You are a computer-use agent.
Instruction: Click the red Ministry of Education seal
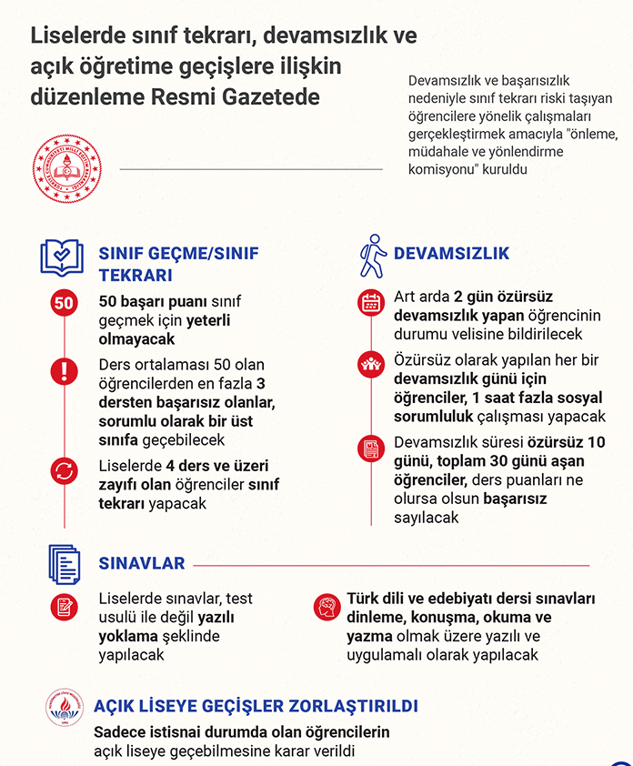coord(66,168)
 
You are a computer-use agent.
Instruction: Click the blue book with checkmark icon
coord(62,257)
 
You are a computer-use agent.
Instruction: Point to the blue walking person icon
coord(372,256)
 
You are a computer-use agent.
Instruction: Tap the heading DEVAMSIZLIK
coord(451,254)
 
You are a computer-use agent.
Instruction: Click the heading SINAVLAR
coord(141,563)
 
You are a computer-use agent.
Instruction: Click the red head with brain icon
coord(325,606)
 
